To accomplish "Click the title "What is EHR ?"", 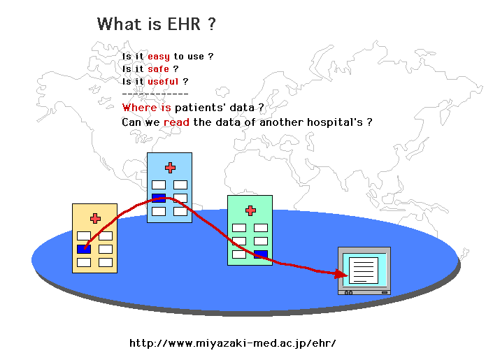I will click(156, 24).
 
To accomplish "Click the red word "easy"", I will click(159, 57).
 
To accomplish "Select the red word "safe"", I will click(158, 69).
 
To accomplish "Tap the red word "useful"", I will click(163, 82).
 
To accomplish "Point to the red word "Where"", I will click(138, 108).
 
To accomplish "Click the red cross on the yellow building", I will click(95, 219).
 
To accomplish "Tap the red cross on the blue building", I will click(170, 168).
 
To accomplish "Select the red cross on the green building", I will click(250, 210).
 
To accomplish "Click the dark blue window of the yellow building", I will click(84, 249).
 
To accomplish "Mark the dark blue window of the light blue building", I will click(159, 198).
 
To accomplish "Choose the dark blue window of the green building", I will click(261, 254).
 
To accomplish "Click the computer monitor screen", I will click(364, 269).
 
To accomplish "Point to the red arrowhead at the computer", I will click(341, 273).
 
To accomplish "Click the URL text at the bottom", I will click(233, 343).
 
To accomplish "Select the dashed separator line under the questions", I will click(155, 94).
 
